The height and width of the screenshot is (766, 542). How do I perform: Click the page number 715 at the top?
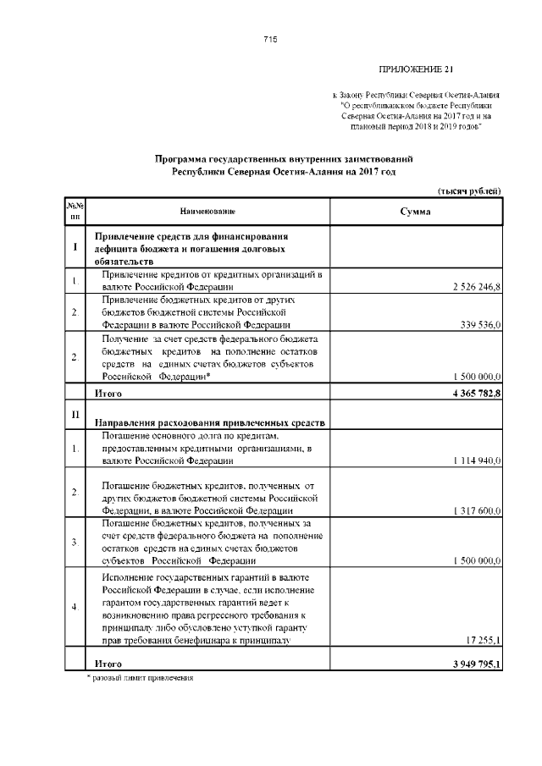tap(270, 40)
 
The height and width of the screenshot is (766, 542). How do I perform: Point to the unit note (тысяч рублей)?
tap(469, 191)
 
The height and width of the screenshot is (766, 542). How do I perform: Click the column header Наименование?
tap(207, 211)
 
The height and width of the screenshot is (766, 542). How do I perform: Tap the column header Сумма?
tap(415, 211)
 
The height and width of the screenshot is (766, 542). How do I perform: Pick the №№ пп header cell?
tap(75, 211)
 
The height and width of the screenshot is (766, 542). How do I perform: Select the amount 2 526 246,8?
tap(478, 288)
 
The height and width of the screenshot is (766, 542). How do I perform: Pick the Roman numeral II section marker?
tap(75, 413)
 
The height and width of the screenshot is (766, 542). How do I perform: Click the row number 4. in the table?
tap(75, 607)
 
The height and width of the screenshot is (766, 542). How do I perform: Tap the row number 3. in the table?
tap(75, 541)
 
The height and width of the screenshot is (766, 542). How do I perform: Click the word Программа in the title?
tap(180, 158)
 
